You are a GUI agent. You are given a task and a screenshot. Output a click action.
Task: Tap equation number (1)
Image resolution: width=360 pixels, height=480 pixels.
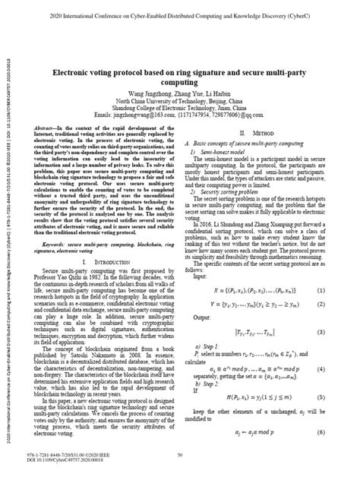point(344,289)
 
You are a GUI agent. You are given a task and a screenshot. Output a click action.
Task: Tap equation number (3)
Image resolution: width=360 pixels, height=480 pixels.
point(344,332)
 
